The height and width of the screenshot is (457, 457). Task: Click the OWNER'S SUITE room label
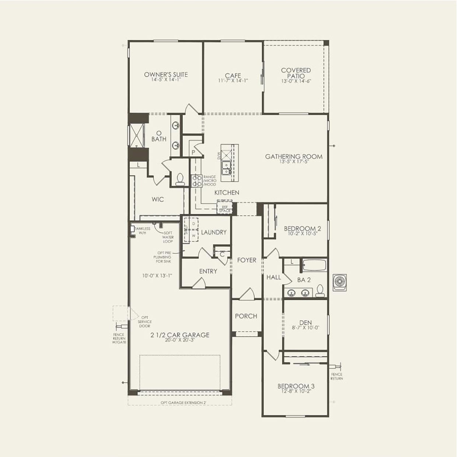[x=166, y=74]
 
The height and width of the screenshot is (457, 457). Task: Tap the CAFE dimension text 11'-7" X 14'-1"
[x=233, y=81]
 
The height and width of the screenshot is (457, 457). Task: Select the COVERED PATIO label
[x=296, y=73]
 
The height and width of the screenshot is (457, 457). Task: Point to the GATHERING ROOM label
[x=294, y=157]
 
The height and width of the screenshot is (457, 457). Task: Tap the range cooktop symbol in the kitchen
[x=196, y=181]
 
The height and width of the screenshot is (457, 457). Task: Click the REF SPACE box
[x=225, y=209]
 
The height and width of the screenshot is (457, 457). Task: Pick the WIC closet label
[x=158, y=199]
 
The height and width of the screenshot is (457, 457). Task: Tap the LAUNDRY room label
[x=214, y=232]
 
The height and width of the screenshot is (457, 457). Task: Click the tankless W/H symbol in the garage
[x=132, y=229]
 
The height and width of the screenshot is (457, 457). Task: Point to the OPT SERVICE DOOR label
[x=144, y=322]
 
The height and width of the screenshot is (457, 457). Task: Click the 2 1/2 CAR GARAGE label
[x=180, y=335]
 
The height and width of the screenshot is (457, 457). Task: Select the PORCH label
[x=246, y=316]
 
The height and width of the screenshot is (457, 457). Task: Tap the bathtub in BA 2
[x=314, y=265]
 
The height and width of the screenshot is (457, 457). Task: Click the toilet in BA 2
[x=320, y=291]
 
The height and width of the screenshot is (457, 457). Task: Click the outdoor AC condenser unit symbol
[x=339, y=282]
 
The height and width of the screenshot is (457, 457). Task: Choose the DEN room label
[x=306, y=322]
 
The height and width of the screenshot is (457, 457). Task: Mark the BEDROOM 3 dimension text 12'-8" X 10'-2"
[x=296, y=391]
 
